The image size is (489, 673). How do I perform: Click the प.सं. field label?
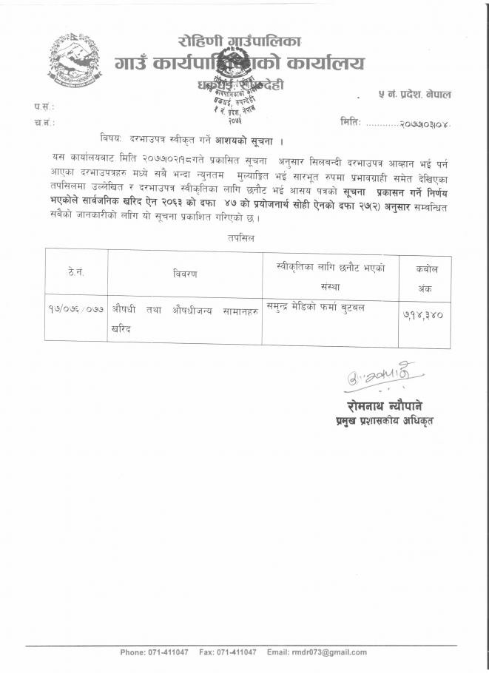tap(44, 106)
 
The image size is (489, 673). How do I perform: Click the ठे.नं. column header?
tap(76, 272)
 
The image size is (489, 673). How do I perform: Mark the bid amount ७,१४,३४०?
tap(422, 314)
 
